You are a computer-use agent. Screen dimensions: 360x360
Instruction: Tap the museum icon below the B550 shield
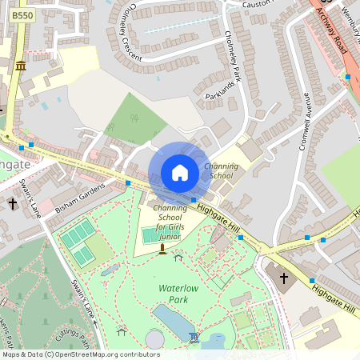tap(20, 64)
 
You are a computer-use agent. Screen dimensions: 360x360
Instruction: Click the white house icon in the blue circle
tap(180, 173)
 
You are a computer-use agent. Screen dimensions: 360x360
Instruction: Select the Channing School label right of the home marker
tap(222, 170)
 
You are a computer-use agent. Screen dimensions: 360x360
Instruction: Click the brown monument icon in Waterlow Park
tap(162, 250)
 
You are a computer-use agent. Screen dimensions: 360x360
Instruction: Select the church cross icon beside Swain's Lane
tap(13, 204)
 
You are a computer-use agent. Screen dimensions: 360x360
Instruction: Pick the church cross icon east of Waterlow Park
tap(284, 278)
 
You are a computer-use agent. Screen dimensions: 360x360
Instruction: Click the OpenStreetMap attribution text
tap(81, 354)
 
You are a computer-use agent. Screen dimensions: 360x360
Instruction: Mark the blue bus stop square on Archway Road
tap(347, 77)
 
